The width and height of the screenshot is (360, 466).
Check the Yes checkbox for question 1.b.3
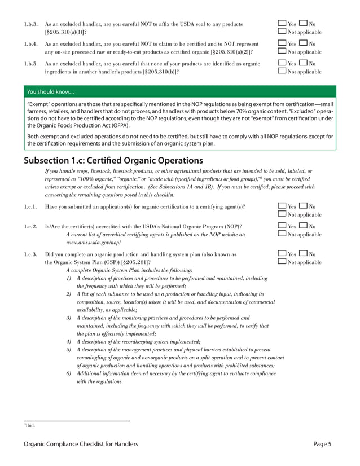pos(282,24)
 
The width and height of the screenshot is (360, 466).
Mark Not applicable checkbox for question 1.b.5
pos(282,72)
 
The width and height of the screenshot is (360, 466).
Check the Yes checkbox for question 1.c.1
pos(282,206)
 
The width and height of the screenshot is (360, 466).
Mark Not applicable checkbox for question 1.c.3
pos(282,262)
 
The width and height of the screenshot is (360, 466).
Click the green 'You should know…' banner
pos(180,91)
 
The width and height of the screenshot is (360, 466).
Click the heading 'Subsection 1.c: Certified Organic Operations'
pos(113,160)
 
